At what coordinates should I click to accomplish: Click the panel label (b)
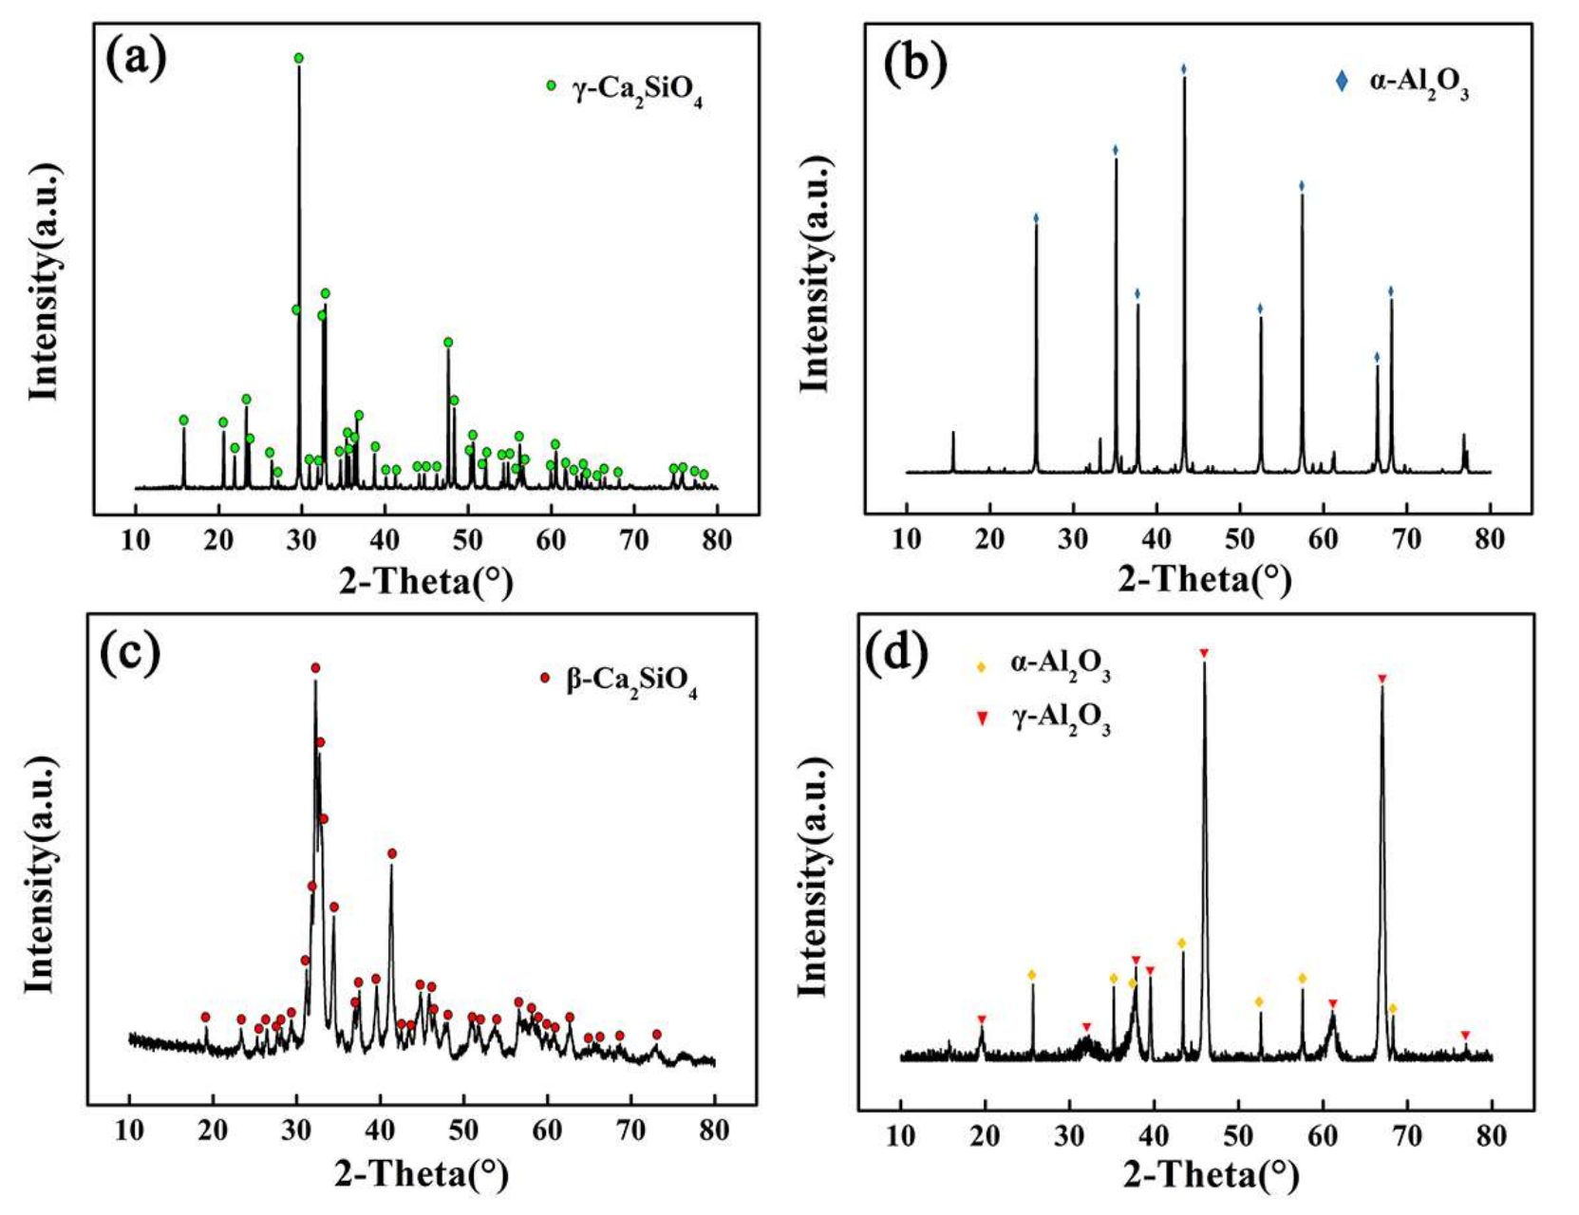[915, 65]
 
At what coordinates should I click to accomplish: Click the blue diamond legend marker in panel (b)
[1342, 82]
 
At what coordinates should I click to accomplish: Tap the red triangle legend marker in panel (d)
[983, 720]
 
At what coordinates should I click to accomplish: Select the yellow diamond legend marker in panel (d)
[983, 666]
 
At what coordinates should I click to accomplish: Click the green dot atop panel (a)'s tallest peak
[299, 58]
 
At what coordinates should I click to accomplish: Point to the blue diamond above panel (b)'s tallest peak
[1183, 69]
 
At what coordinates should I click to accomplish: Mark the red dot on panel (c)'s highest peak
[315, 667]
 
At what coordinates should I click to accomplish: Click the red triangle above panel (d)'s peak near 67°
[1382, 679]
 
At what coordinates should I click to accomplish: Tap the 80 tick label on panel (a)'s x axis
[717, 540]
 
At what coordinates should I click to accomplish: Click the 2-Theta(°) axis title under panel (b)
[1204, 579]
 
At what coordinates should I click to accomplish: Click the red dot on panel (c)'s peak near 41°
[391, 853]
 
